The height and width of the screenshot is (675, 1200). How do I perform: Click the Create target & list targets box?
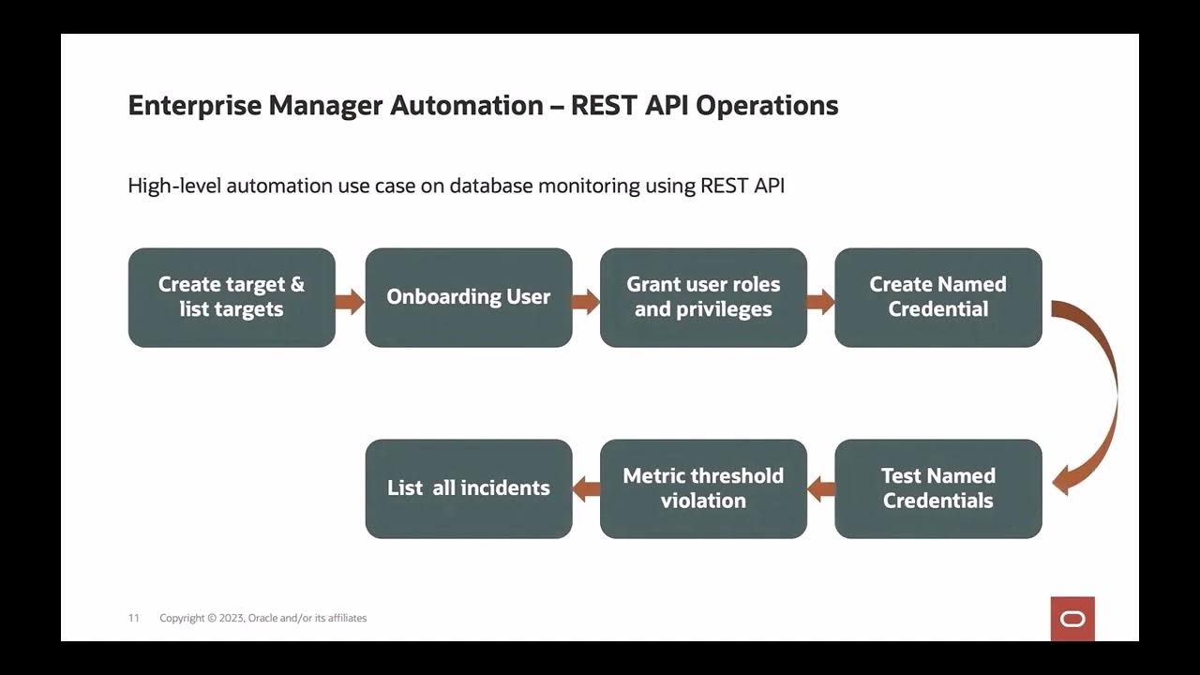click(x=232, y=297)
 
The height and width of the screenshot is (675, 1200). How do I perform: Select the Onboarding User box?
click(x=469, y=297)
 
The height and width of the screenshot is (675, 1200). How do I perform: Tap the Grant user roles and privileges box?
click(x=703, y=297)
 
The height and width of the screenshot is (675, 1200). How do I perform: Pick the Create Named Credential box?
click(x=937, y=297)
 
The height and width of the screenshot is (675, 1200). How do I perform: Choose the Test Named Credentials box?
click(x=937, y=488)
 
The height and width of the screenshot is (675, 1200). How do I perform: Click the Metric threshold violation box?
click(x=703, y=488)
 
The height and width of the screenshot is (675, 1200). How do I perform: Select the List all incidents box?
click(x=469, y=488)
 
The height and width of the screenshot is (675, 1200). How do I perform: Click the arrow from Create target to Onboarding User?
click(x=350, y=301)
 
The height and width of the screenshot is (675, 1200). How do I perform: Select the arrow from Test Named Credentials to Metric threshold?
click(x=821, y=487)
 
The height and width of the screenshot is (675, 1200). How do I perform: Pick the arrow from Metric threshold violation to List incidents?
click(x=586, y=487)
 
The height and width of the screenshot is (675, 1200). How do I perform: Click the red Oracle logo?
click(x=1072, y=619)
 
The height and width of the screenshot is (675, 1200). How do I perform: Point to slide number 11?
click(x=134, y=618)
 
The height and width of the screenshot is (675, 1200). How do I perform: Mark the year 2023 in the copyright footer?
click(x=231, y=618)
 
